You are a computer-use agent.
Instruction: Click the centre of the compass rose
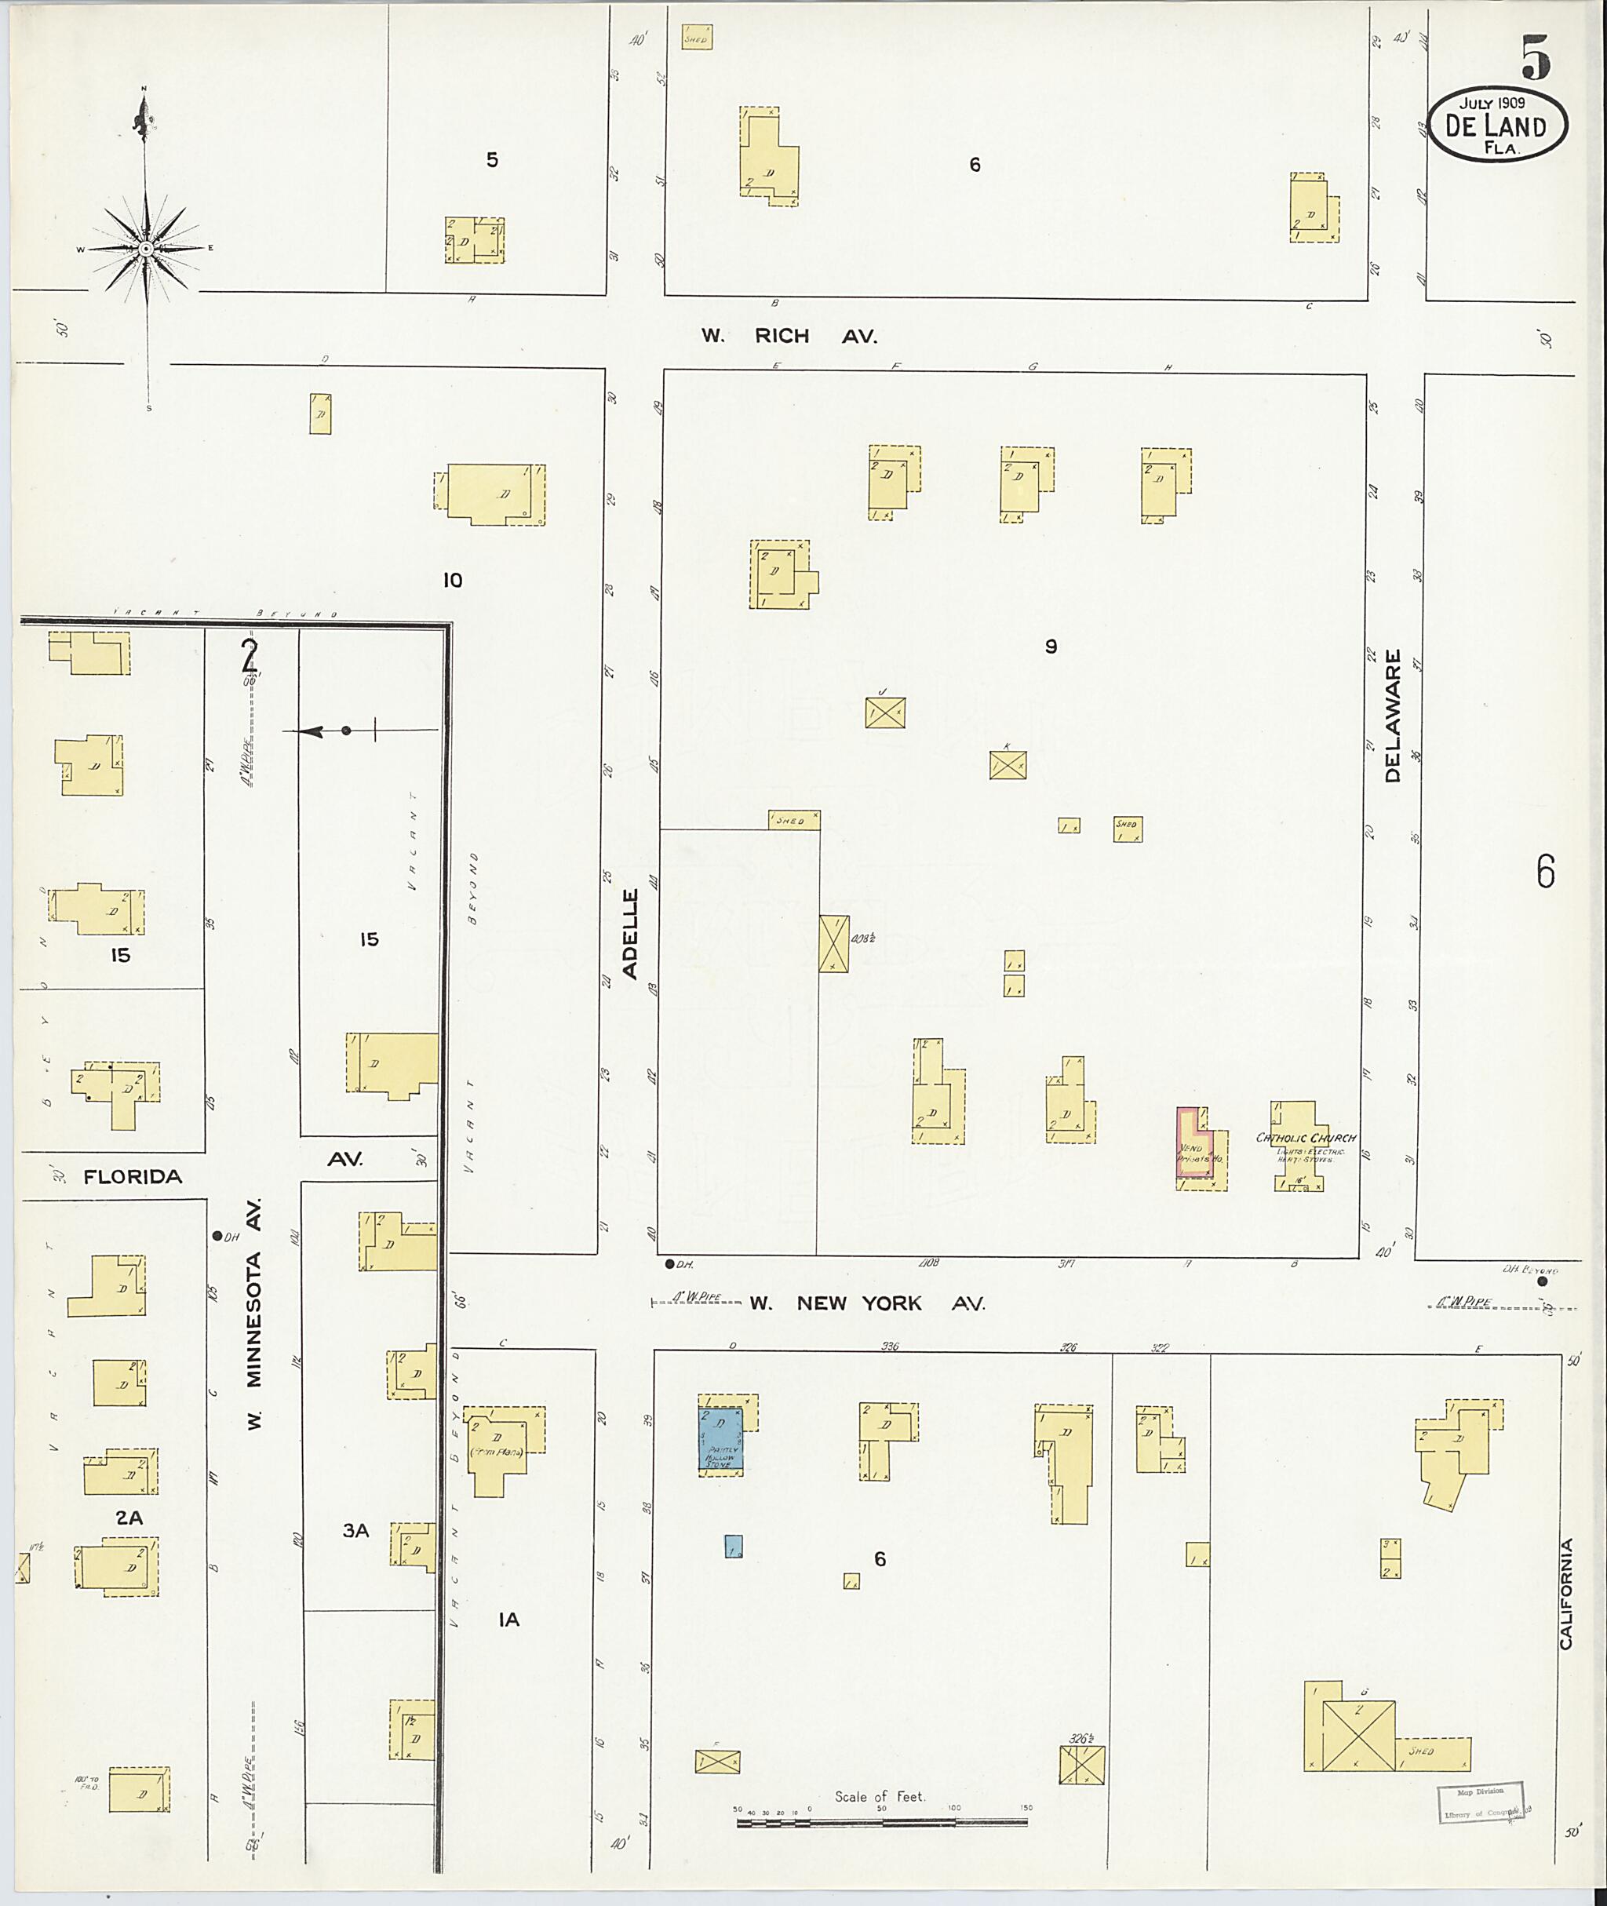tap(146, 248)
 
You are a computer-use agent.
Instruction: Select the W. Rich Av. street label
tap(788, 336)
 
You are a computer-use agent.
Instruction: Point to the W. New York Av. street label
tap(866, 1304)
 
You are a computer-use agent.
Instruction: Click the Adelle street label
tap(630, 934)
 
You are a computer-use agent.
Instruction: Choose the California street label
tap(1566, 1594)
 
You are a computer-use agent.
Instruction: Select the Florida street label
tap(133, 1177)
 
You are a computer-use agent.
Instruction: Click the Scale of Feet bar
tap(882, 1822)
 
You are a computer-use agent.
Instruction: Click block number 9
tap(1051, 647)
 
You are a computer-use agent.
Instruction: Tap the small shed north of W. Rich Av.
tap(697, 38)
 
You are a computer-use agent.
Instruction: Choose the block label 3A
tap(355, 1532)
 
